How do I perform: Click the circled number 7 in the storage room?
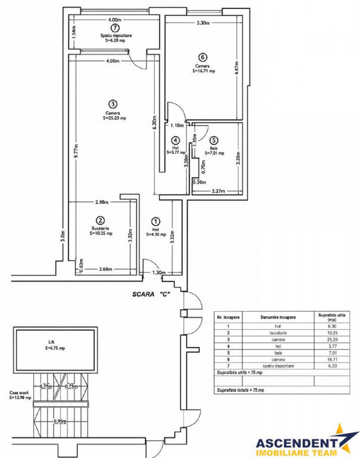pos(116,28)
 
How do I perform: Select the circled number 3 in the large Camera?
pos(113,104)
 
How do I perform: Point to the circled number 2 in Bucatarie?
pos(100,220)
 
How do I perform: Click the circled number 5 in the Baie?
pos(214,140)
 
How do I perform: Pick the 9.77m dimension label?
pos(76,151)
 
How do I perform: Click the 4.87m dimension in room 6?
pos(237,67)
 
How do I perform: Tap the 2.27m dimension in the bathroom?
pos(218,191)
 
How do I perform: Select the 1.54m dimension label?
pos(74,32)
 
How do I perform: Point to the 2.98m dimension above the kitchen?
pos(102,202)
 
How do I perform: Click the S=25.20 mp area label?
pos(114,118)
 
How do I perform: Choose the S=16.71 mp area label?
pos(203,71)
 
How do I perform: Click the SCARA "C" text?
pos(151,294)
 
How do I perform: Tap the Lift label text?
pos(51,342)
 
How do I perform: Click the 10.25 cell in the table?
pos(332,333)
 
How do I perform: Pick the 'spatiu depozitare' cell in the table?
pos(278,366)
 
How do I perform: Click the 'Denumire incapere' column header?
pos(278,317)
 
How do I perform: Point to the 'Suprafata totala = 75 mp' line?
pos(241,390)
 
